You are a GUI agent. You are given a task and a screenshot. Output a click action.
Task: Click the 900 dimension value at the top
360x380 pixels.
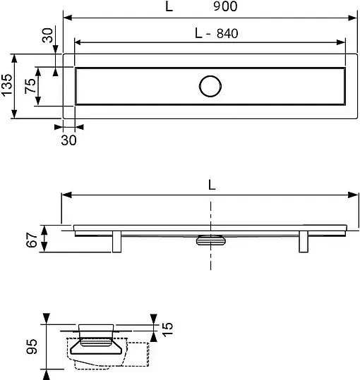pos(225,6)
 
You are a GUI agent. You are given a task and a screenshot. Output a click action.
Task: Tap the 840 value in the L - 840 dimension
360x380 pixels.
pos(227,33)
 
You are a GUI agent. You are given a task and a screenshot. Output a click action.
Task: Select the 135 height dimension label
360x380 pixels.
pos(6,85)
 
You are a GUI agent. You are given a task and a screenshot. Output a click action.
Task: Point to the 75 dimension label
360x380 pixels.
pos(30,86)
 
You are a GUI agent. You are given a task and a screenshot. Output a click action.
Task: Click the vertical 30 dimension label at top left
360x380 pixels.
pos(47,35)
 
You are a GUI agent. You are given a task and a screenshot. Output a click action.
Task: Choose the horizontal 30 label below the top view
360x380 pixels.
pos(68,140)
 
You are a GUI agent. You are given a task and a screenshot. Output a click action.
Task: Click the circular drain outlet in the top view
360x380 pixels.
pos(210,86)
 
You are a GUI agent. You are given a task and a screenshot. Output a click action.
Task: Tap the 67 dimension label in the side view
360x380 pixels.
pos(32,240)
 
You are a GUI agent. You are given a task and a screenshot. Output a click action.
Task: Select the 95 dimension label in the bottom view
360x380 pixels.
pos(32,347)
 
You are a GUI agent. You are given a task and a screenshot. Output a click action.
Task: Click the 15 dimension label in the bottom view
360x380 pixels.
pos(167,329)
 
